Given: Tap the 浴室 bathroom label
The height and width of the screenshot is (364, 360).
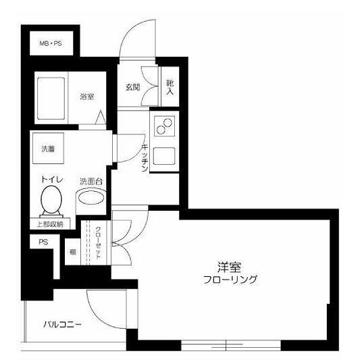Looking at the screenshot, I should click(86, 97).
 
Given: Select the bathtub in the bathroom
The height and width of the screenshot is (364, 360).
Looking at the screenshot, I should click(51, 99).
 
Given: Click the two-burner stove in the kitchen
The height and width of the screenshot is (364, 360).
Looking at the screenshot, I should click(164, 126).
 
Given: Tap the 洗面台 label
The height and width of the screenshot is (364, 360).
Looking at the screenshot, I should click(91, 181).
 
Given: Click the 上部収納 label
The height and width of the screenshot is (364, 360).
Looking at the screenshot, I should click(49, 224).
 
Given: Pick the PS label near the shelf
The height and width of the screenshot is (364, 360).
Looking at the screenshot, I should click(43, 242).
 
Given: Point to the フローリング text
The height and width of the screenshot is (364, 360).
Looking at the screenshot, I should click(230, 280).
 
